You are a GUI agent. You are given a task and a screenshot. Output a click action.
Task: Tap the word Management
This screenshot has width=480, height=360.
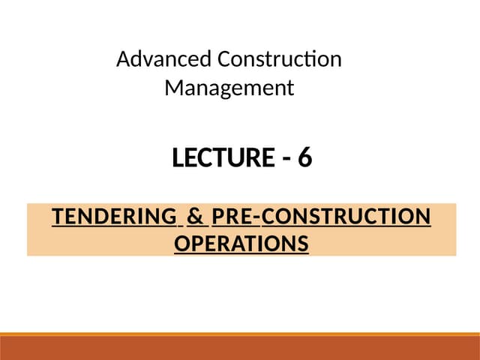229,88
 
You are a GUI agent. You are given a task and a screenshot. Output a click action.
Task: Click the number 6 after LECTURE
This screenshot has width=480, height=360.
304,158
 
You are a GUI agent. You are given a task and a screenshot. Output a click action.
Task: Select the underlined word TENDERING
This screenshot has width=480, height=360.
113,217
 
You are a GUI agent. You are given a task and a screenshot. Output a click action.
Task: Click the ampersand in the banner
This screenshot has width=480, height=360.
195,217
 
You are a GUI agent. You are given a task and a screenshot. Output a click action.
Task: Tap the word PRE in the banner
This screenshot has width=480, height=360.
232,217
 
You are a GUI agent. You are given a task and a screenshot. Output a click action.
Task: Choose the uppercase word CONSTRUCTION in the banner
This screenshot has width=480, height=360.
346,217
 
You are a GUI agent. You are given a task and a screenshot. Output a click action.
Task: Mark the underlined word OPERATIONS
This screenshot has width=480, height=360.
241,244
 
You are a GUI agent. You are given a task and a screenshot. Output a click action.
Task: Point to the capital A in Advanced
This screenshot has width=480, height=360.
123,58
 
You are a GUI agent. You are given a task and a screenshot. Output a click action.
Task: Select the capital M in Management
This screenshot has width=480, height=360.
172,88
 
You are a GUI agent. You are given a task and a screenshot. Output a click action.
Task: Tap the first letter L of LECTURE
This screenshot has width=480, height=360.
178,158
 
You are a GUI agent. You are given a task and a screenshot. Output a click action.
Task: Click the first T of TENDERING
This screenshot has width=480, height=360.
57,217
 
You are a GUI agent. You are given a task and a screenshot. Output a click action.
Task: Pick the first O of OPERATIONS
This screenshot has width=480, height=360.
181,244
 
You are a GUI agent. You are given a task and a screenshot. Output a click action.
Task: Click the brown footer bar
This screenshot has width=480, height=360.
240,349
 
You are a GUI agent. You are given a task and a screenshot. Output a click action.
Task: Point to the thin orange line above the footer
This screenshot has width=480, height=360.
240,334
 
